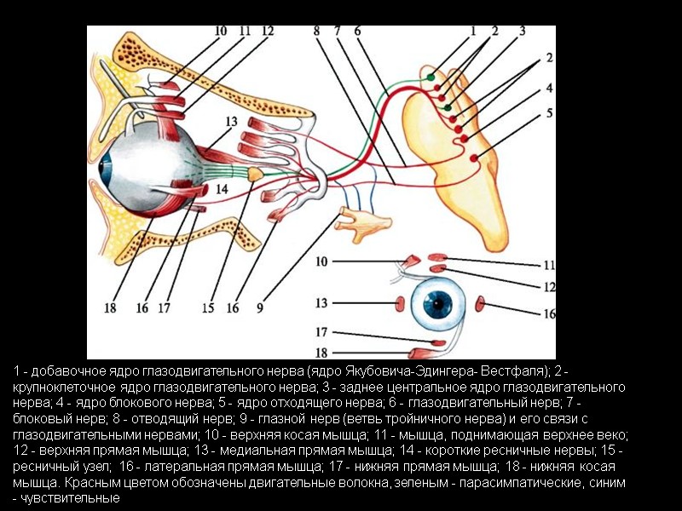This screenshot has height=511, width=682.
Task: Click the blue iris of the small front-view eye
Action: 440,303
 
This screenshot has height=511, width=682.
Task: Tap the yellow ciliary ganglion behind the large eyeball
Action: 256,173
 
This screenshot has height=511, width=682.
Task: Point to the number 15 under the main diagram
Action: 207,308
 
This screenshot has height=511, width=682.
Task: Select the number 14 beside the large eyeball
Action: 221,188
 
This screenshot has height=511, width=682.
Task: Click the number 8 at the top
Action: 316,32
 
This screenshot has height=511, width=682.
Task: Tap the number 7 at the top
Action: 338,32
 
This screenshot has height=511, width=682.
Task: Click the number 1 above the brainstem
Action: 473,31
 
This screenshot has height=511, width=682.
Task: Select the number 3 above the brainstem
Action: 521,31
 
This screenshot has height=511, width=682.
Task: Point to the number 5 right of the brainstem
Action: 550,112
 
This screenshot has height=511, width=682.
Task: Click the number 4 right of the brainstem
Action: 550,88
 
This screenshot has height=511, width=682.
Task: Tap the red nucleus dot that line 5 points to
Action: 473,154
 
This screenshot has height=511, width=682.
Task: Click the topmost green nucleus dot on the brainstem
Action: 431,78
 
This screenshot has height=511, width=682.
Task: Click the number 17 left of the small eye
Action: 321,332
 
